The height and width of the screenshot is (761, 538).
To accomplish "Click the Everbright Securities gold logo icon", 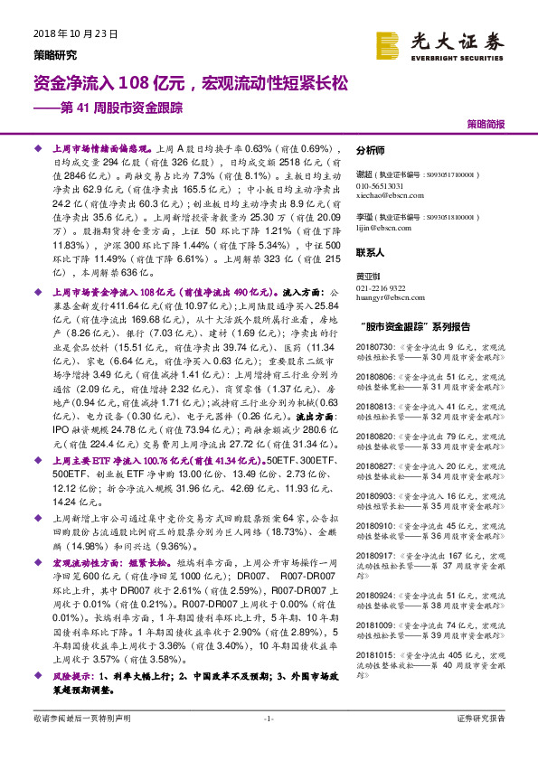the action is click(388, 42).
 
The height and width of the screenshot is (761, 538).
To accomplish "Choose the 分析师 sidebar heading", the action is click(370, 151).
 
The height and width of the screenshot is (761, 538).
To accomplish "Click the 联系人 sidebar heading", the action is click(370, 255).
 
